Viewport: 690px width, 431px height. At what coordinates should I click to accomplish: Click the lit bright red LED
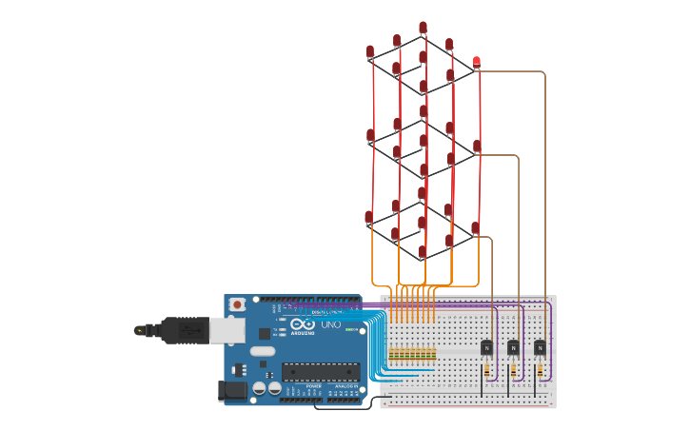point(476,63)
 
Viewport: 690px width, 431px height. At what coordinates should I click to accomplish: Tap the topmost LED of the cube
point(423,29)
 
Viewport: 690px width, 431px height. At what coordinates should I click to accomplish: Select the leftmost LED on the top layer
point(370,51)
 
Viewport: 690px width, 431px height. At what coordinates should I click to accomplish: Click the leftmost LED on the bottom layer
point(369,218)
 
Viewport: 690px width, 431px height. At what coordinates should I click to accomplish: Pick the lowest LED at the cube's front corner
point(423,252)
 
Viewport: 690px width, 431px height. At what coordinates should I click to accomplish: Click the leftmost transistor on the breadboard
point(486,347)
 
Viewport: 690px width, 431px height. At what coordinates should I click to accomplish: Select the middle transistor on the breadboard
point(513,347)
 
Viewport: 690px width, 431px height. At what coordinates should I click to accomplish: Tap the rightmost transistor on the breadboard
point(540,347)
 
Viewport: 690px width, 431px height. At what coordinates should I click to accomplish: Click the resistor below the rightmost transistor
point(540,369)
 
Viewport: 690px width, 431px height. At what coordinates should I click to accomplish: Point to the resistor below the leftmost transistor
point(486,369)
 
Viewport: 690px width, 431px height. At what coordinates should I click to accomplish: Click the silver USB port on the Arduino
point(227,330)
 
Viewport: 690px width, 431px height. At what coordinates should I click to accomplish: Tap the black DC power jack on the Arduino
point(231,390)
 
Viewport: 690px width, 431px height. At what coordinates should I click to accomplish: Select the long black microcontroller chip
point(320,372)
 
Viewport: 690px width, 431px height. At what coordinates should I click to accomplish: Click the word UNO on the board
point(331,324)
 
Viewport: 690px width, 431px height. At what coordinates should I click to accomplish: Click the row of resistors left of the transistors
point(412,354)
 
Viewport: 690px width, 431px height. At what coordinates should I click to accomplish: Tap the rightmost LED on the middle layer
point(477,146)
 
